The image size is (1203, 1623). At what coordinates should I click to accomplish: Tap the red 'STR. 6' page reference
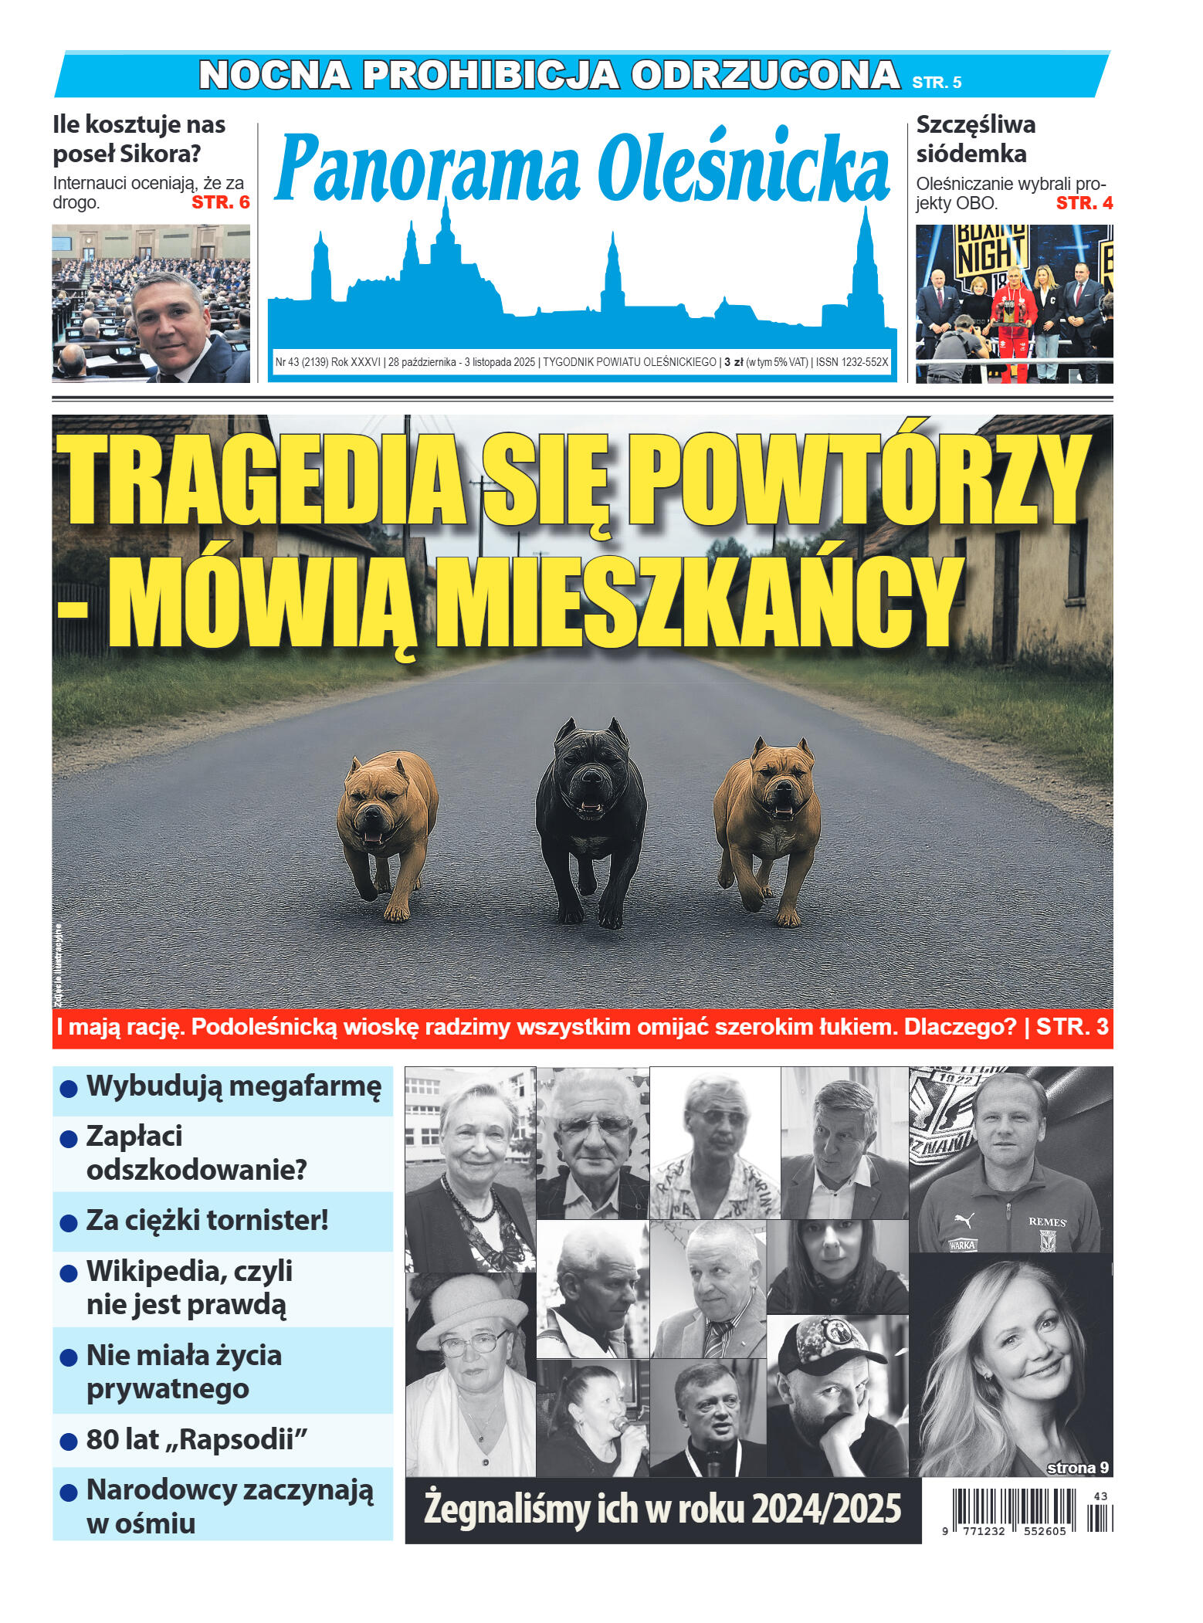(x=221, y=202)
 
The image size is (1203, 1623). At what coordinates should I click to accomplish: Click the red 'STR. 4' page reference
(x=1084, y=203)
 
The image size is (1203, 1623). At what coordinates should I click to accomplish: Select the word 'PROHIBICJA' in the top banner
(x=491, y=76)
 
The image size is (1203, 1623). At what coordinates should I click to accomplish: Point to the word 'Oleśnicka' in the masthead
(x=744, y=168)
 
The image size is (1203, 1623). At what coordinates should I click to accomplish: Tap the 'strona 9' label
(x=1078, y=1468)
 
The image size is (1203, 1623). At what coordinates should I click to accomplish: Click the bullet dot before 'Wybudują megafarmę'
(x=69, y=1089)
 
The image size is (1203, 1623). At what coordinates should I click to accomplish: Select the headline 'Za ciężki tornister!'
(x=207, y=1221)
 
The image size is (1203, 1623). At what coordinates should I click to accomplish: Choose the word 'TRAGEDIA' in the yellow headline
(x=263, y=483)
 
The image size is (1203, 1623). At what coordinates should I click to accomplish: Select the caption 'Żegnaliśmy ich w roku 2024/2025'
(x=662, y=1509)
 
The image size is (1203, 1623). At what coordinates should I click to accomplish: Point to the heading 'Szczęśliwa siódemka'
(x=975, y=139)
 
